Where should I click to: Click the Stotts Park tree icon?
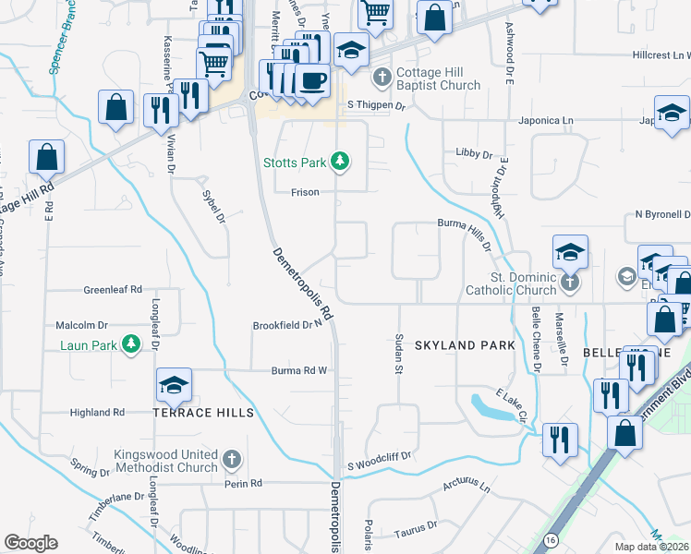[341, 163]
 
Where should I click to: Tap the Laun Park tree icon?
[131, 344]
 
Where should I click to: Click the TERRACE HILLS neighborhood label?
[203, 413]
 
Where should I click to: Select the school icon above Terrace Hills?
[174, 386]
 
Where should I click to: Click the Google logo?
[30, 543]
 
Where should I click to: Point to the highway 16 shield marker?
[551, 538]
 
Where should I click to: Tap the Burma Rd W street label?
[299, 371]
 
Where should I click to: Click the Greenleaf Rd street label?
[112, 289]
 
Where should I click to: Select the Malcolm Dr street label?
[82, 325]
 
